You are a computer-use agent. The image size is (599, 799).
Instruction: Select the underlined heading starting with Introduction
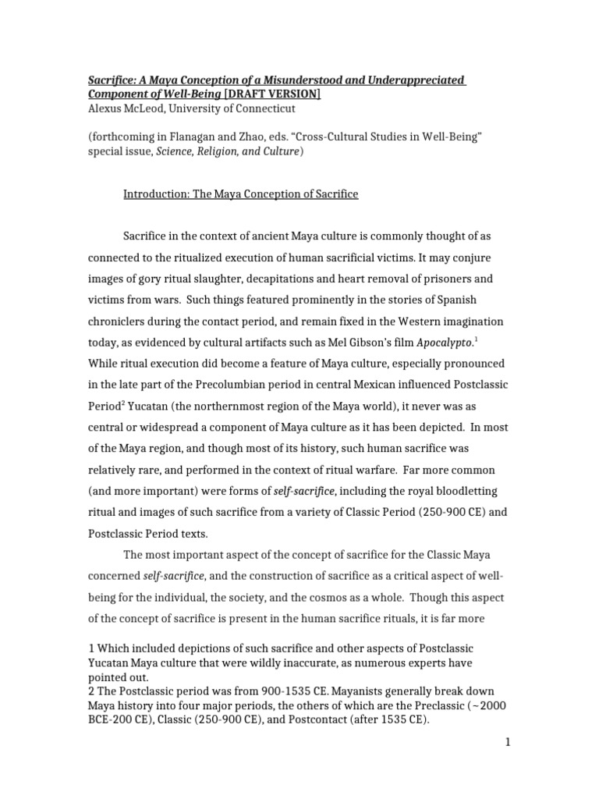pos(241,194)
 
